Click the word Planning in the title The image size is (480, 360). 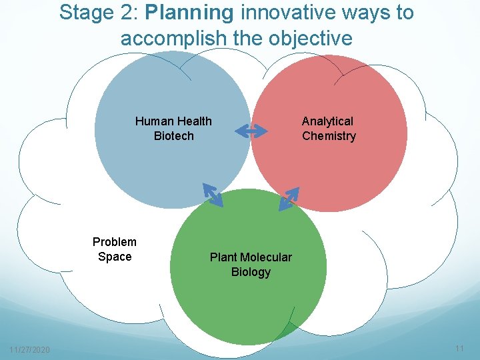point(189,13)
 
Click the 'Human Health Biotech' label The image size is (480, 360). point(173,129)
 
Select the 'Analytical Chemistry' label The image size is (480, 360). point(329,129)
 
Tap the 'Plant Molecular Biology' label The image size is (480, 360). point(251,265)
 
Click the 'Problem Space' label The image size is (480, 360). point(115,249)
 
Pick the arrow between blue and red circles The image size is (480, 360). point(251,131)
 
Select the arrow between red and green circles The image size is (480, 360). point(289,198)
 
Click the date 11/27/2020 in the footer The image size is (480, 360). point(29,350)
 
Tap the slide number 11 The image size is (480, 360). point(459,349)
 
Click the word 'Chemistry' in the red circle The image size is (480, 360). point(329,136)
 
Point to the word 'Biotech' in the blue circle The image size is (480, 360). point(173,136)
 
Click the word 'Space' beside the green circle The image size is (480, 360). point(115,257)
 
